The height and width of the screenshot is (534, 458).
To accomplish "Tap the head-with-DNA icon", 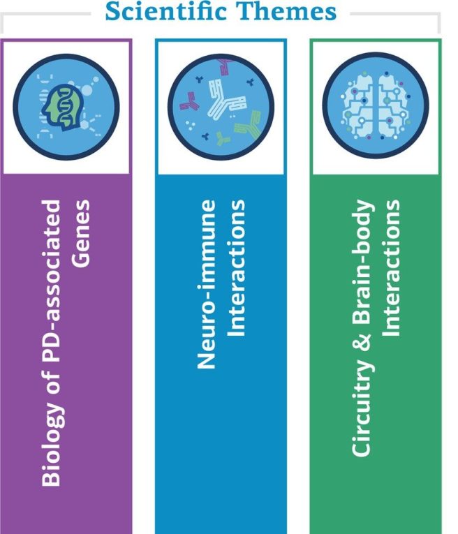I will point(66,106).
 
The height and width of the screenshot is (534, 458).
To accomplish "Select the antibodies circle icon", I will point(221,106).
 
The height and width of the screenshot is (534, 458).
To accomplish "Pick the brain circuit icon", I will point(376,106).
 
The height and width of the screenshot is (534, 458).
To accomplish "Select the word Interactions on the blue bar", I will point(237,269).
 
